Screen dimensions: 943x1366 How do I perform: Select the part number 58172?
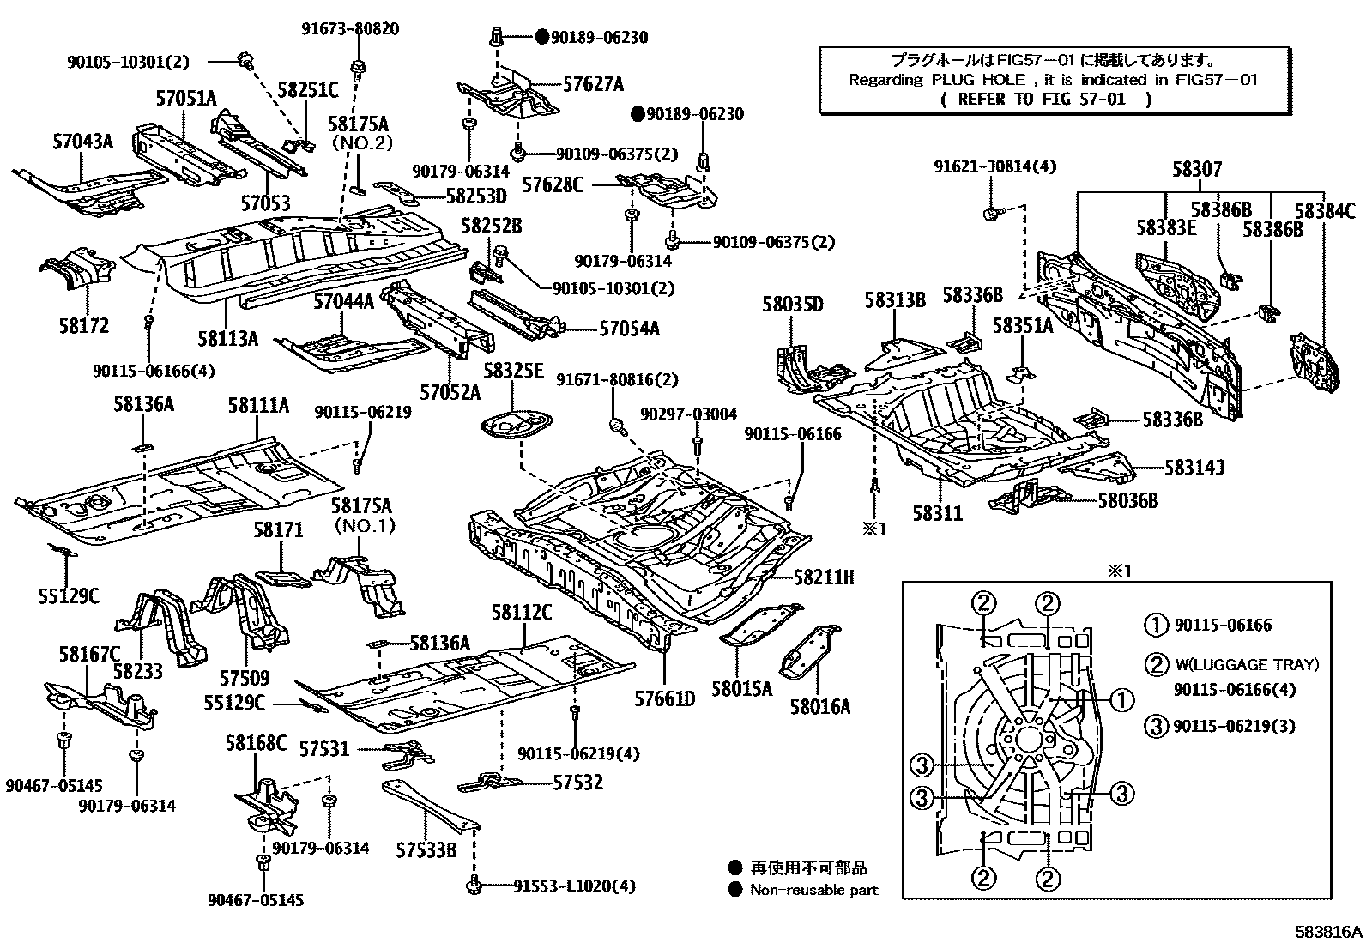[84, 325]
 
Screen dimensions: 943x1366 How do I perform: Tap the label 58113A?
[227, 338]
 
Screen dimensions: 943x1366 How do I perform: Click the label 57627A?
[593, 84]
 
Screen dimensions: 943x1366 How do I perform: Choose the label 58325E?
[513, 371]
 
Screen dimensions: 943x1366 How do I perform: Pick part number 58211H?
[823, 577]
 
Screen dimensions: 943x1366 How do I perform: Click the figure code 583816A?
[1329, 931]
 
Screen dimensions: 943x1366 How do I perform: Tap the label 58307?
[1197, 170]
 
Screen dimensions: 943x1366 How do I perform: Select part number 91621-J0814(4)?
[995, 167]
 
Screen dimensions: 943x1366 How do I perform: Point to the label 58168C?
[256, 743]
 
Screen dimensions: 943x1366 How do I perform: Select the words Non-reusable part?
[813, 890]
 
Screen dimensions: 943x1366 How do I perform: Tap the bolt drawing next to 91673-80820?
[359, 66]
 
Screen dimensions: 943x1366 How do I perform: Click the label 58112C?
[522, 613]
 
